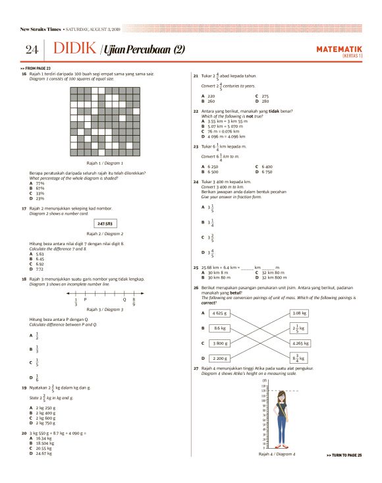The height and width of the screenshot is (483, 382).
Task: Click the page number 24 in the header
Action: point(32,50)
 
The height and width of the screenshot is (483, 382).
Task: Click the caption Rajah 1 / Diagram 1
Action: point(105,162)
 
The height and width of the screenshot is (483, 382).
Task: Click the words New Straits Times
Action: point(41,29)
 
